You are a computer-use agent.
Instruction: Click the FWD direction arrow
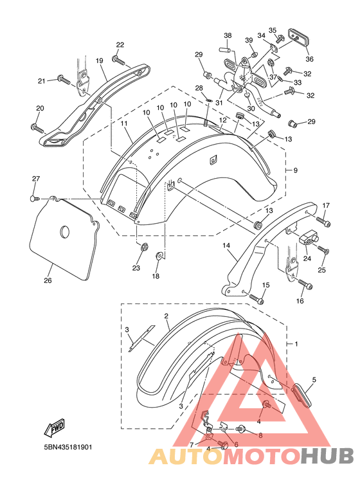click(x=55, y=428)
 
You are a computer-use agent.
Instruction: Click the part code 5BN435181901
click(x=67, y=447)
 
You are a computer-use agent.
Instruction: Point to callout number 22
click(x=120, y=45)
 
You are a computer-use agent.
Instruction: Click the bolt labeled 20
click(x=37, y=128)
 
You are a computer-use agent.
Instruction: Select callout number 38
click(x=228, y=35)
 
